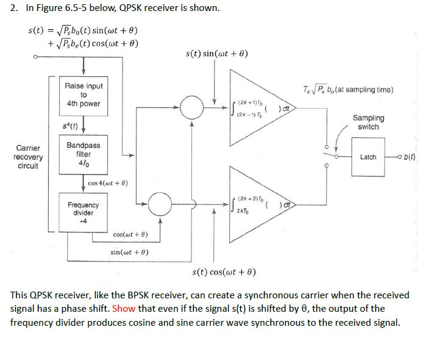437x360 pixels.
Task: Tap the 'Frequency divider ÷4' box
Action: pos(83,209)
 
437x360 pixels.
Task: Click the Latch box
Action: pos(368,157)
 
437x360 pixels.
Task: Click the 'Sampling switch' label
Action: pos(369,122)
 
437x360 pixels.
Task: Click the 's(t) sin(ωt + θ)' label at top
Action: pos(216,55)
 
